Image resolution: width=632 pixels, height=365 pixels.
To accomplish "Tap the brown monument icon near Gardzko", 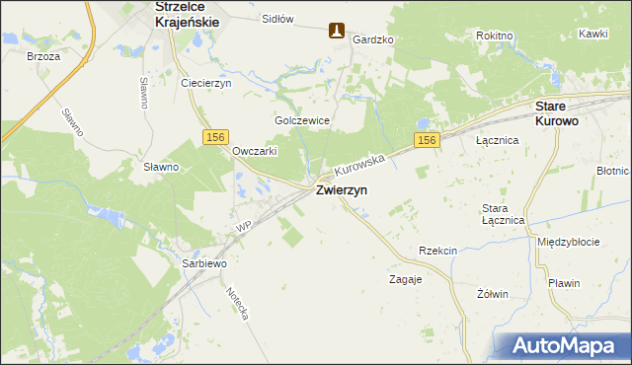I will coord(337,32).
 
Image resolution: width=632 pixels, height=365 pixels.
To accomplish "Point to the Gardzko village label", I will coord(373,39).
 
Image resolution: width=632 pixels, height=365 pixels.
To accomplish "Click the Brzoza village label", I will coord(44,56).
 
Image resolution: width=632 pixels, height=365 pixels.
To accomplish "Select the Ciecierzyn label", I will coord(205,83).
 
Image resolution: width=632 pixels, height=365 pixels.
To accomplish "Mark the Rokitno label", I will coord(494,36).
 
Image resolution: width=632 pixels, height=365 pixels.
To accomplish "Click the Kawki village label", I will coord(593,34).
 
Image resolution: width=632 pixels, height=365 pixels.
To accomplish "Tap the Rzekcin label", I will coord(437,251).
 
